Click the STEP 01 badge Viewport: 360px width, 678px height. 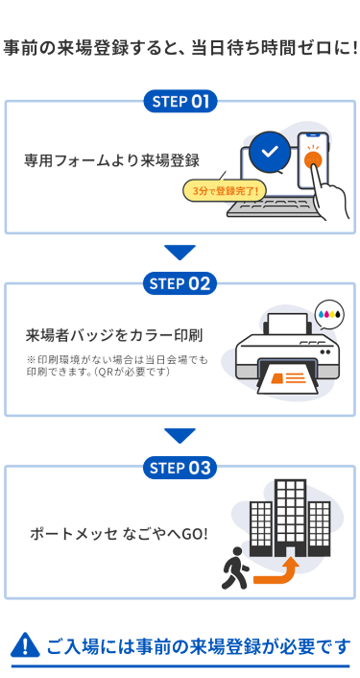pyautogui.click(x=180, y=101)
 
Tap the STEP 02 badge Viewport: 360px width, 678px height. pyautogui.click(x=180, y=283)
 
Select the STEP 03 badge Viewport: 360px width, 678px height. pyautogui.click(x=180, y=468)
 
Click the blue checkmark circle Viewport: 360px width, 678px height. pyautogui.click(x=270, y=151)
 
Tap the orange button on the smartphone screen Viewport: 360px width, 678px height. pyautogui.click(x=312, y=158)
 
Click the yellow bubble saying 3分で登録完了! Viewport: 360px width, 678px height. pyautogui.click(x=225, y=191)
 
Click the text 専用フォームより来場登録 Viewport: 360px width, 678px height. pyautogui.click(x=111, y=160)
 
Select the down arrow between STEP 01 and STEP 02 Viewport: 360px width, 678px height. pyautogui.click(x=180, y=253)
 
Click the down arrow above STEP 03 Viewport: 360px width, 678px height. pyautogui.click(x=180, y=436)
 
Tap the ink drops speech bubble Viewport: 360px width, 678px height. pyautogui.click(x=329, y=314)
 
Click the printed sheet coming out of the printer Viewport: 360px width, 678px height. pyautogui.click(x=287, y=377)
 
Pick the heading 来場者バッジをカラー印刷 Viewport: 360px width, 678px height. pyautogui.click(x=114, y=335)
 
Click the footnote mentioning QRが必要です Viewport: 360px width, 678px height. pyautogui.click(x=117, y=365)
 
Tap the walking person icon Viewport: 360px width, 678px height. pyautogui.click(x=234, y=568)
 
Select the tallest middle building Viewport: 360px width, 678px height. pyautogui.click(x=290, y=518)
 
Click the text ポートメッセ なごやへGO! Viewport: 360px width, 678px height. pyautogui.click(x=119, y=534)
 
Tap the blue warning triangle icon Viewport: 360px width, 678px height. pyautogui.click(x=25, y=645)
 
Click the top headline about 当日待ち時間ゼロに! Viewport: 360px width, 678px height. pyautogui.click(x=180, y=48)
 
